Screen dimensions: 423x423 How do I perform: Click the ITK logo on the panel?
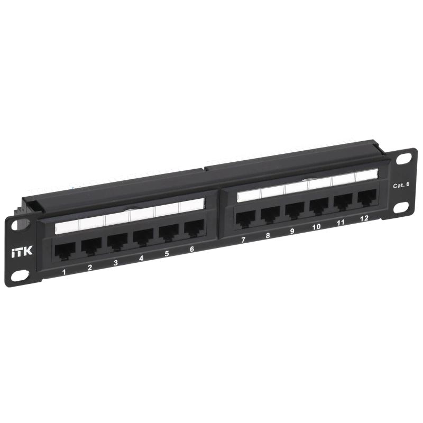22,251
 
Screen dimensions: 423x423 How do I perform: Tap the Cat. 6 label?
401,185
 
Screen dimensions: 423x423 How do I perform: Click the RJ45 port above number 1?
65,252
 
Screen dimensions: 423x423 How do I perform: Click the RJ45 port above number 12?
367,197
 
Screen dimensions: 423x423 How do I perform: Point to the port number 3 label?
115,263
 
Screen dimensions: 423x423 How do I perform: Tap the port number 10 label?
316,227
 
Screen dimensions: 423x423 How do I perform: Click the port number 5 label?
167,254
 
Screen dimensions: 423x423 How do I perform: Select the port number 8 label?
268,235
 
